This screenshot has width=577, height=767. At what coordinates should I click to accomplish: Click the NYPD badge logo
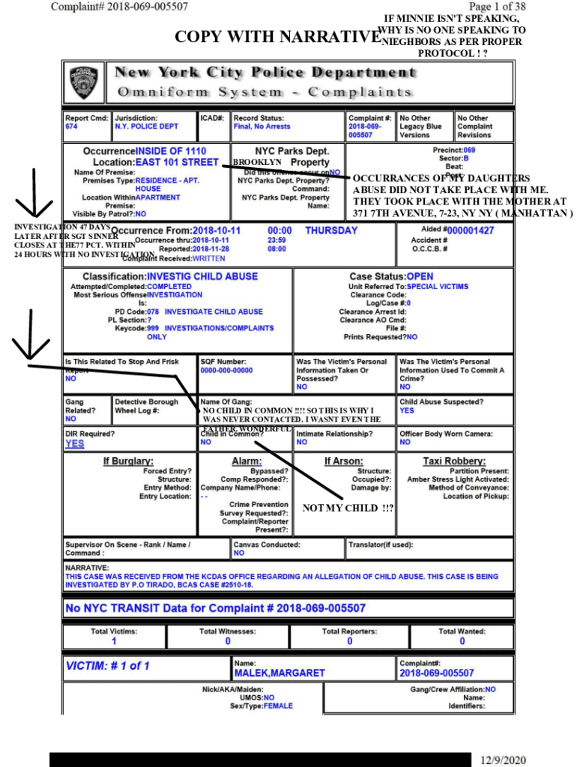(x=84, y=83)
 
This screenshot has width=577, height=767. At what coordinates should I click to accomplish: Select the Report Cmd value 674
(x=71, y=127)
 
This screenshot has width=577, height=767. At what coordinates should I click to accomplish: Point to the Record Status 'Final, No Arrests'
(x=262, y=127)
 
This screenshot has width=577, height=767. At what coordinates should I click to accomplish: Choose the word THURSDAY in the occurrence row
(x=331, y=231)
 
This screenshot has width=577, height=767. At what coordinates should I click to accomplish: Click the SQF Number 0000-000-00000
(x=226, y=371)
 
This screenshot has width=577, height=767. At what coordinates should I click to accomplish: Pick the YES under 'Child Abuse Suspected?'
(x=406, y=410)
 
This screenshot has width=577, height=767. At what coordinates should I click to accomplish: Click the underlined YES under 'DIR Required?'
(x=75, y=443)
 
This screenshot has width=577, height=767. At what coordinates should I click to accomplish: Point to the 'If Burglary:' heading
(x=128, y=461)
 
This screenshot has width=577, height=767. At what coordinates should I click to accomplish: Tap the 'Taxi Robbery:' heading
(x=454, y=461)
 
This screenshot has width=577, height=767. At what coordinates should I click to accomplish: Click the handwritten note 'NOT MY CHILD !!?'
(x=348, y=509)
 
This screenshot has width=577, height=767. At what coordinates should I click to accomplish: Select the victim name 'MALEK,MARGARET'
(x=280, y=673)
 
